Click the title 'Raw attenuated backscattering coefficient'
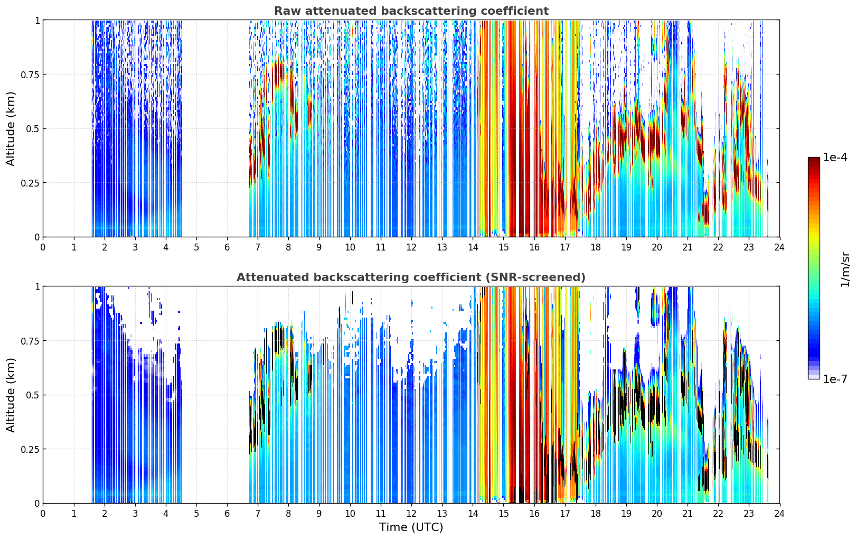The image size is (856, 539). (411, 11)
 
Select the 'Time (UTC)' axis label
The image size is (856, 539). (411, 527)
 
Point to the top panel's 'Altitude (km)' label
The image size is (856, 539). (11, 129)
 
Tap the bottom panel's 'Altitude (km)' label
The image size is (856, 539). (11, 395)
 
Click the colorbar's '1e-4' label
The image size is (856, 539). (835, 157)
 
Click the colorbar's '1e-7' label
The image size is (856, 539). (835, 379)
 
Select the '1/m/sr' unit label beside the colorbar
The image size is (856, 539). (845, 269)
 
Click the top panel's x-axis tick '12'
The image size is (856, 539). (411, 247)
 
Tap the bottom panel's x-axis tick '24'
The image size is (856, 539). (779, 514)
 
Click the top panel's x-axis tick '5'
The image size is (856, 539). (196, 247)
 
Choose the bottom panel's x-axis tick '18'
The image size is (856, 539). (595, 514)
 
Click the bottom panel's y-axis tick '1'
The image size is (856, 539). (37, 286)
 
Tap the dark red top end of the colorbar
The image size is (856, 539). (814, 160)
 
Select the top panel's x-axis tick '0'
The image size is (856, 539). (43, 247)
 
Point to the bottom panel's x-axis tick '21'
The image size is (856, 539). (688, 514)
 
